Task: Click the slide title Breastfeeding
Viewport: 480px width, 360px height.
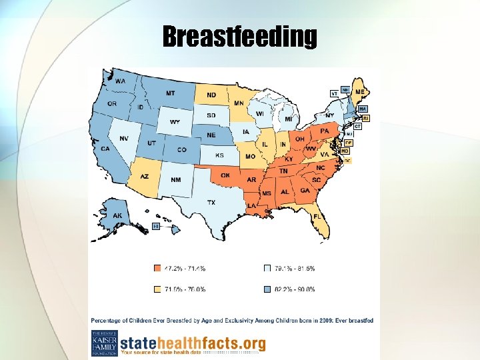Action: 239,37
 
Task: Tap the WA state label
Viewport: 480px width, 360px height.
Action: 120,81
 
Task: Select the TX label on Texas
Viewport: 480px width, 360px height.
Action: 211,202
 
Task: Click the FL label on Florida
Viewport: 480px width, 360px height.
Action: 318,217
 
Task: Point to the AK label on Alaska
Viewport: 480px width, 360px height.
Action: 117,215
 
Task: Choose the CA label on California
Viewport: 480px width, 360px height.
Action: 105,149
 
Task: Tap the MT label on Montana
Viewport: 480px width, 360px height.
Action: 171,93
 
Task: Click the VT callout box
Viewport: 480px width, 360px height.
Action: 334,93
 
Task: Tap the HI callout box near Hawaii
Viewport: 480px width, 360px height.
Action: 156,227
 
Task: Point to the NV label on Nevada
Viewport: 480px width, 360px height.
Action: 124,138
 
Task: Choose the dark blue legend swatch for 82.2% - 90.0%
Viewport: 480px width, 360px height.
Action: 267,289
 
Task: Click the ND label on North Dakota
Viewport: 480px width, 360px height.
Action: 211,95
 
